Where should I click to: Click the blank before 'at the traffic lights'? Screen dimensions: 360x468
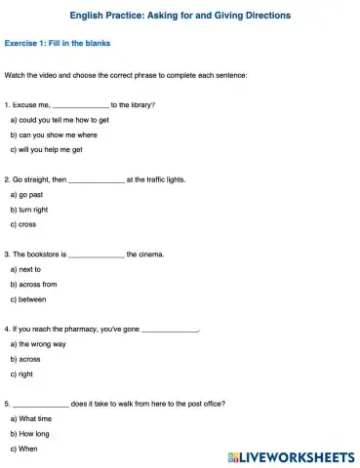pos(97,180)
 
